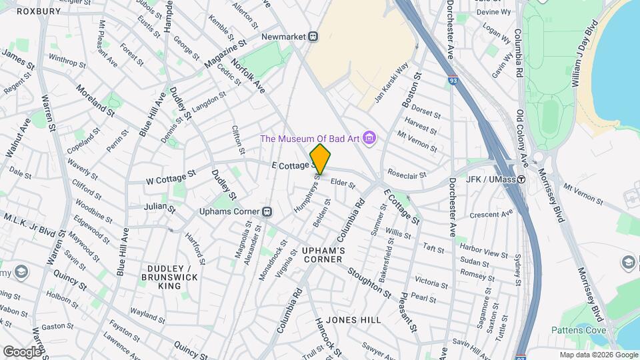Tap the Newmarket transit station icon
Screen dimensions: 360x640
(311, 37)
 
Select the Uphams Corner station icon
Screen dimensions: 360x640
(266, 211)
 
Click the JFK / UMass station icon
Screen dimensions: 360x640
(521, 179)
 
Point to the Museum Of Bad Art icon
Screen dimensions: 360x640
(370, 139)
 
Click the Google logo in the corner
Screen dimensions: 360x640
(21, 351)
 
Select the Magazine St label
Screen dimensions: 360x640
(225, 53)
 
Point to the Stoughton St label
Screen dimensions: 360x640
(368, 282)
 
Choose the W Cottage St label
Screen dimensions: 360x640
(171, 177)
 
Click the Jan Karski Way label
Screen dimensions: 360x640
(391, 83)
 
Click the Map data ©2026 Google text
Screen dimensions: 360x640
(598, 355)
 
